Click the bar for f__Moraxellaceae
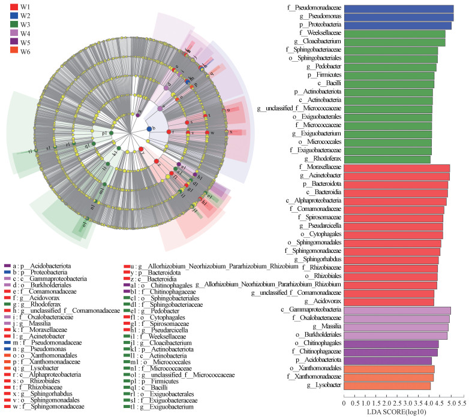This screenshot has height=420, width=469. coord(396,168)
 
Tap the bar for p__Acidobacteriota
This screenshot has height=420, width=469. coord(387,360)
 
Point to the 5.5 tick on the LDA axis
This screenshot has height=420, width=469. coord(464,404)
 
